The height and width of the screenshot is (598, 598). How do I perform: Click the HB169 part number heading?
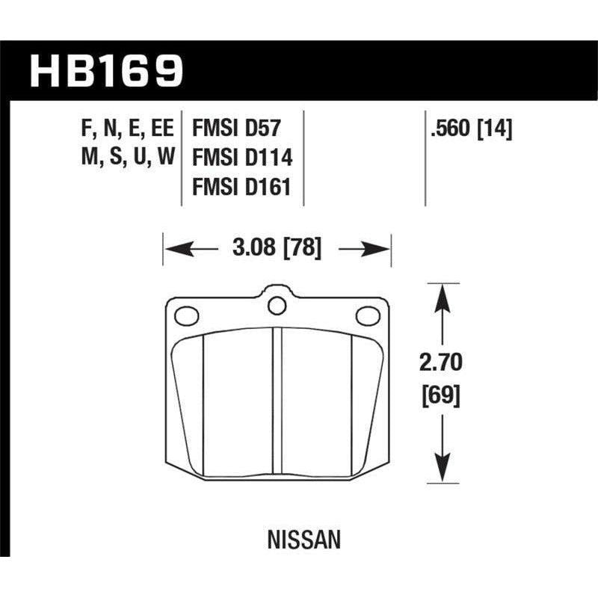pos(105,70)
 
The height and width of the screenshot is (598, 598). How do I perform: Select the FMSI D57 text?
pos(236,128)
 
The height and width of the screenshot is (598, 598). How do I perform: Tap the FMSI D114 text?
pos(241,159)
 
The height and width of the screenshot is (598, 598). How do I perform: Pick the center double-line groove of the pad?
pos(277,404)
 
